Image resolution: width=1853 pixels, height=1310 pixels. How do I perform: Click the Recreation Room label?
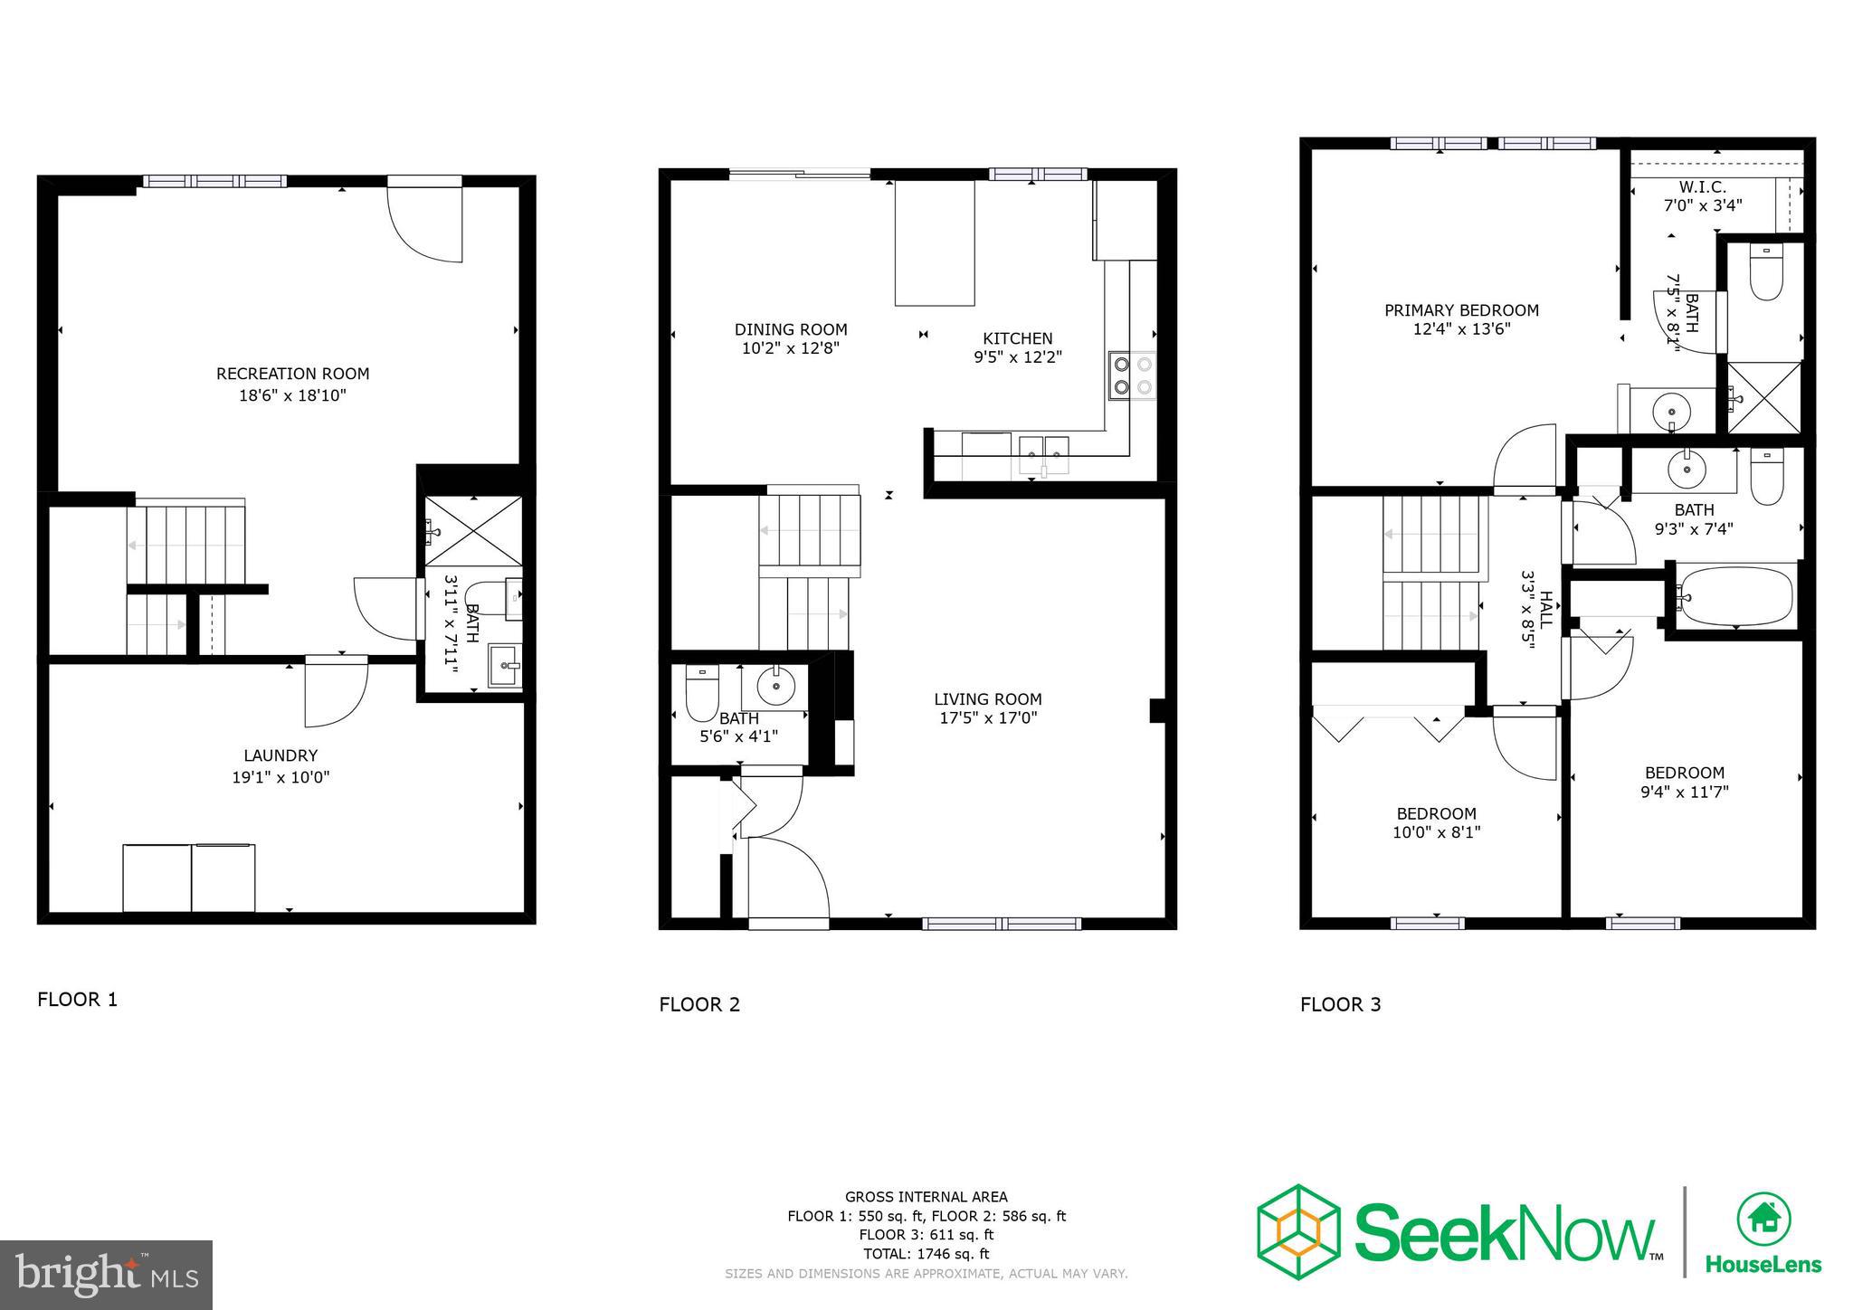click(x=292, y=374)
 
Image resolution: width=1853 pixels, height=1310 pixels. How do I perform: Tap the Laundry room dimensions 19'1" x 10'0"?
click(x=280, y=777)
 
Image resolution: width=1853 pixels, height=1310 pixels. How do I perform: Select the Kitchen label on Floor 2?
click(x=1017, y=338)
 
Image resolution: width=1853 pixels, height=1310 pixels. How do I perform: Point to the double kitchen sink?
click(x=1043, y=449)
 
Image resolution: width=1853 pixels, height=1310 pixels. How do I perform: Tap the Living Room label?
click(x=987, y=699)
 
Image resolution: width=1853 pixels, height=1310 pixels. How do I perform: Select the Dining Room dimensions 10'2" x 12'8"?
click(x=790, y=348)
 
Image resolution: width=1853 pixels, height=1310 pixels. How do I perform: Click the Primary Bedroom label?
click(x=1460, y=310)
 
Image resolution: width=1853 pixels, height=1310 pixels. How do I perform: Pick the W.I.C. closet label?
click(x=1702, y=187)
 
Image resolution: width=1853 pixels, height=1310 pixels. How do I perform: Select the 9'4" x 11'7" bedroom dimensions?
click(x=1684, y=793)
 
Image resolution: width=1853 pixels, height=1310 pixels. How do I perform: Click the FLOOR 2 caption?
click(x=698, y=1004)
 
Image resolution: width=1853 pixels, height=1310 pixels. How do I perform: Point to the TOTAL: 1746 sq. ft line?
click(x=926, y=1254)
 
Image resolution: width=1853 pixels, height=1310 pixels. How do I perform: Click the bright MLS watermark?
click(x=106, y=1276)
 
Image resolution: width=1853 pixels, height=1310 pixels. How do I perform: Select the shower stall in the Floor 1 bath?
click(x=474, y=531)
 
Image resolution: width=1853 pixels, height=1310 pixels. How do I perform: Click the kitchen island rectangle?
click(x=935, y=243)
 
